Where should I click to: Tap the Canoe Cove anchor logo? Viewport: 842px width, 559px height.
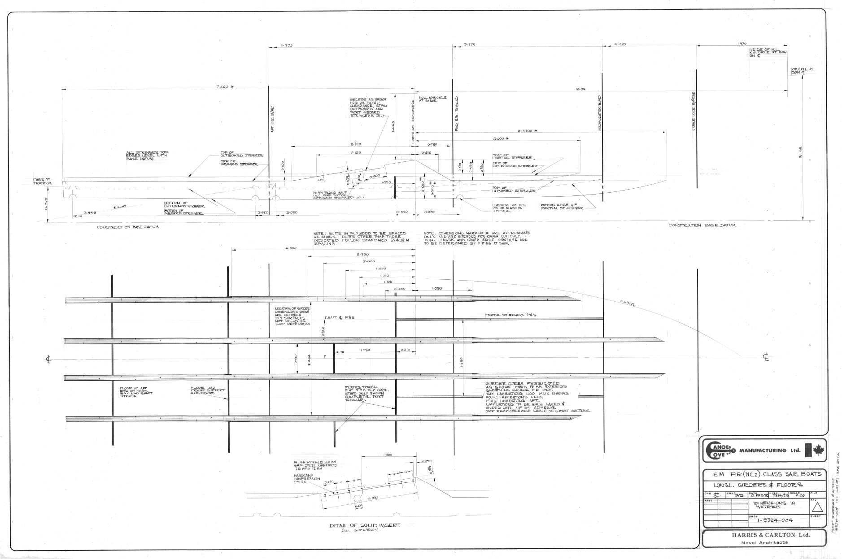point(719,451)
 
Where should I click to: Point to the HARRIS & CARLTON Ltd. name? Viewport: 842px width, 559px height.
point(762,535)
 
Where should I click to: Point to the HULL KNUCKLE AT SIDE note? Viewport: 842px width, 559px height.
point(432,99)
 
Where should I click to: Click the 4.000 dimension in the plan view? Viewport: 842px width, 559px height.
point(290,248)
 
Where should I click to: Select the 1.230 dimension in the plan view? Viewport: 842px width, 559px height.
point(437,288)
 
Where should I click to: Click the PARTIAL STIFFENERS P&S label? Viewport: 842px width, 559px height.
point(510,315)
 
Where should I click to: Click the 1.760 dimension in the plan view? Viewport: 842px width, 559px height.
point(365,350)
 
